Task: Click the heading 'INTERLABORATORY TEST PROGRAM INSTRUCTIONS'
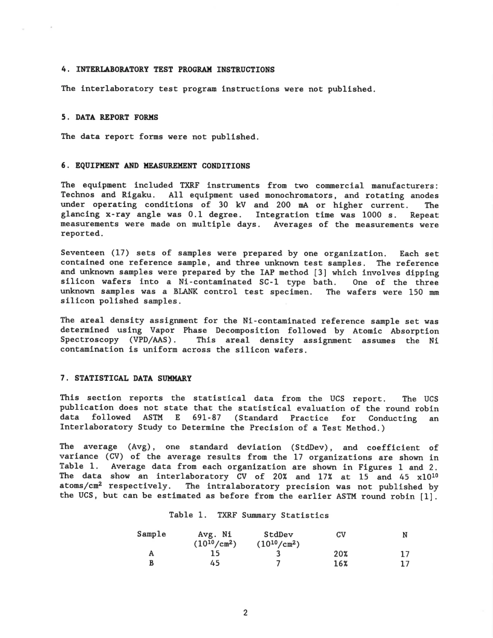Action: tap(175, 70)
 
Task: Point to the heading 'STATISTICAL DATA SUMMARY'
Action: tap(133, 379)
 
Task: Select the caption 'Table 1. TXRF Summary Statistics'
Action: tap(249, 515)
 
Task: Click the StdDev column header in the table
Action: tap(278, 535)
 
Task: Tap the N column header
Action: tap(405, 535)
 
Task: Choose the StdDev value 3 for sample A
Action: tap(278, 554)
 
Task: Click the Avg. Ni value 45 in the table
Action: tap(215, 564)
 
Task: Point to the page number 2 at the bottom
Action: tap(245, 613)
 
